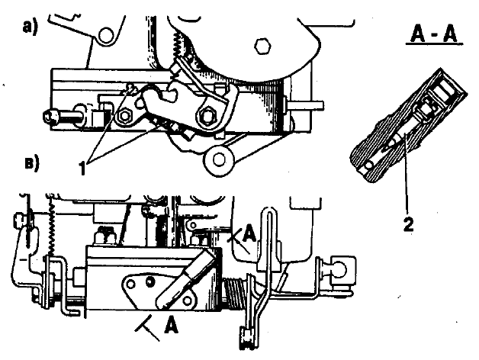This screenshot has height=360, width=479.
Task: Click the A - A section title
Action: [x=434, y=34]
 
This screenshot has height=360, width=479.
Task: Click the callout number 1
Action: [x=82, y=168]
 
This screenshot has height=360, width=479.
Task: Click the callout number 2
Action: [x=408, y=224]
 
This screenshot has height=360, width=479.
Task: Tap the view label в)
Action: [x=32, y=163]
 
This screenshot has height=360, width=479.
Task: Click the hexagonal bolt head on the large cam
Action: [x=262, y=47]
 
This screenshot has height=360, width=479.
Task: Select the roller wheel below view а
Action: [x=219, y=159]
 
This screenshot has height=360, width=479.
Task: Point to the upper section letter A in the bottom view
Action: [x=249, y=234]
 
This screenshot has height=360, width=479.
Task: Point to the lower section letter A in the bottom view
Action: [x=171, y=325]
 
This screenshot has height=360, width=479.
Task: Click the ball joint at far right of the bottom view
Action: [x=341, y=269]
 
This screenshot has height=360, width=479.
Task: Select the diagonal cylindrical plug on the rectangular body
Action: [x=186, y=279]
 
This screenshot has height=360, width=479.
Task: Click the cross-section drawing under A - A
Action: [x=408, y=125]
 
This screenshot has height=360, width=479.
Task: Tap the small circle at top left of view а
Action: [x=106, y=34]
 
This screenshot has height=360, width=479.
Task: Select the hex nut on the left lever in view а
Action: [x=125, y=116]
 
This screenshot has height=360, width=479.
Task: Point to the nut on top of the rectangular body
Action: [x=104, y=236]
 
